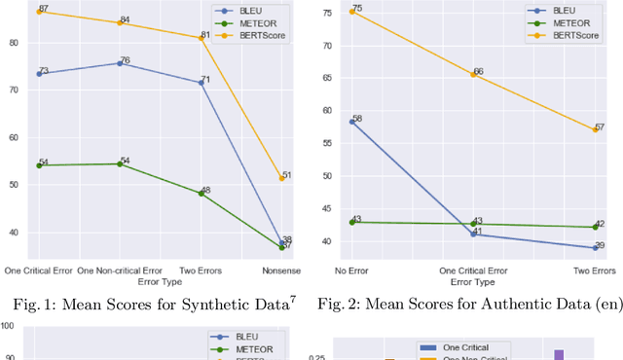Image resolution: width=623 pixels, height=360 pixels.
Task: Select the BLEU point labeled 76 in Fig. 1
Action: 120,63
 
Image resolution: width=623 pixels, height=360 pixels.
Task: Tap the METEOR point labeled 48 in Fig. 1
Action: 202,193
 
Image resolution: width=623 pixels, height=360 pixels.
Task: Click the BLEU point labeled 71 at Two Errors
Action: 202,83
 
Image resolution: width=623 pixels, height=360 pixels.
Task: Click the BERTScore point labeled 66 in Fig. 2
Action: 474,74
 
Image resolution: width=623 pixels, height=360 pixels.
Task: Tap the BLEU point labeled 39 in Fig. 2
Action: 596,247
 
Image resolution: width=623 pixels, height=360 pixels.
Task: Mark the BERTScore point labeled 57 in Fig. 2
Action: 596,128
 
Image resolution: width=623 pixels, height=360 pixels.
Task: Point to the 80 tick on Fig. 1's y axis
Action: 18,43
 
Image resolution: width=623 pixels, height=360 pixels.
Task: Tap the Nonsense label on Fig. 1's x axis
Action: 282,270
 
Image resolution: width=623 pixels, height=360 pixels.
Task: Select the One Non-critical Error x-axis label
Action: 120,270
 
